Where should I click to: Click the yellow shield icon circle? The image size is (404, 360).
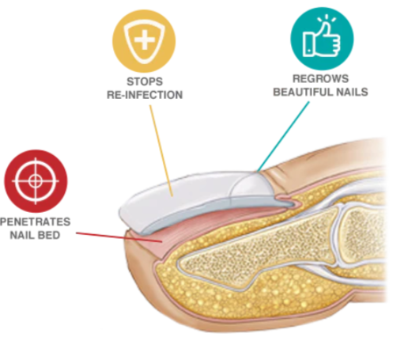[144, 41]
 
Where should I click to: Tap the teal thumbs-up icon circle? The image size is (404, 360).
[322, 39]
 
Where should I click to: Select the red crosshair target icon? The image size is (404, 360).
[36, 181]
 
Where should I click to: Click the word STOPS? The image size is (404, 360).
[145, 81]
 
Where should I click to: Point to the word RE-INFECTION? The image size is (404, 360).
[145, 95]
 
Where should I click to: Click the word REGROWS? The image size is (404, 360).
[321, 78]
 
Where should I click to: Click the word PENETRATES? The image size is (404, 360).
[36, 222]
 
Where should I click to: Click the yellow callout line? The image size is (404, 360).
[161, 151]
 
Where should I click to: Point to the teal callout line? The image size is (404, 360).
[283, 137]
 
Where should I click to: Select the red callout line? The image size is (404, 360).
[119, 237]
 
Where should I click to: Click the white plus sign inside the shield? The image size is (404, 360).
[144, 41]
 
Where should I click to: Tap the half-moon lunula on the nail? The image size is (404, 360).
[251, 187]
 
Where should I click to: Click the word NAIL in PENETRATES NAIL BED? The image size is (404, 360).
[22, 235]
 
